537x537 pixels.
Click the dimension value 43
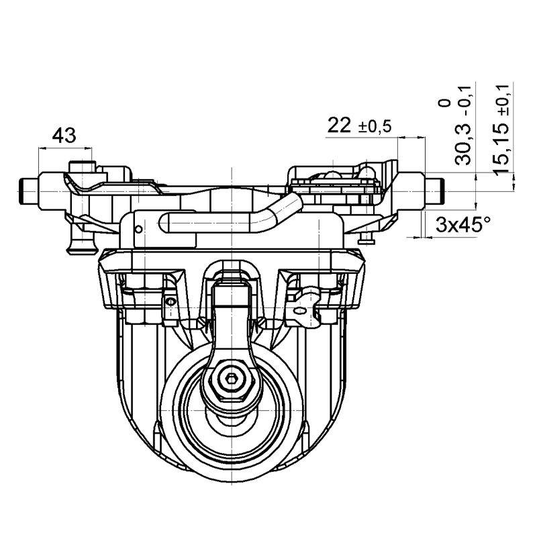pos(64,136)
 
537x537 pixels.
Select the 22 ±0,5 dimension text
pos(359,126)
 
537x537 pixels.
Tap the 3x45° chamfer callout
pos(463,225)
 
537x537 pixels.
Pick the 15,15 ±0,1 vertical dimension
pos(501,129)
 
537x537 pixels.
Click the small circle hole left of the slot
pos(139,229)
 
